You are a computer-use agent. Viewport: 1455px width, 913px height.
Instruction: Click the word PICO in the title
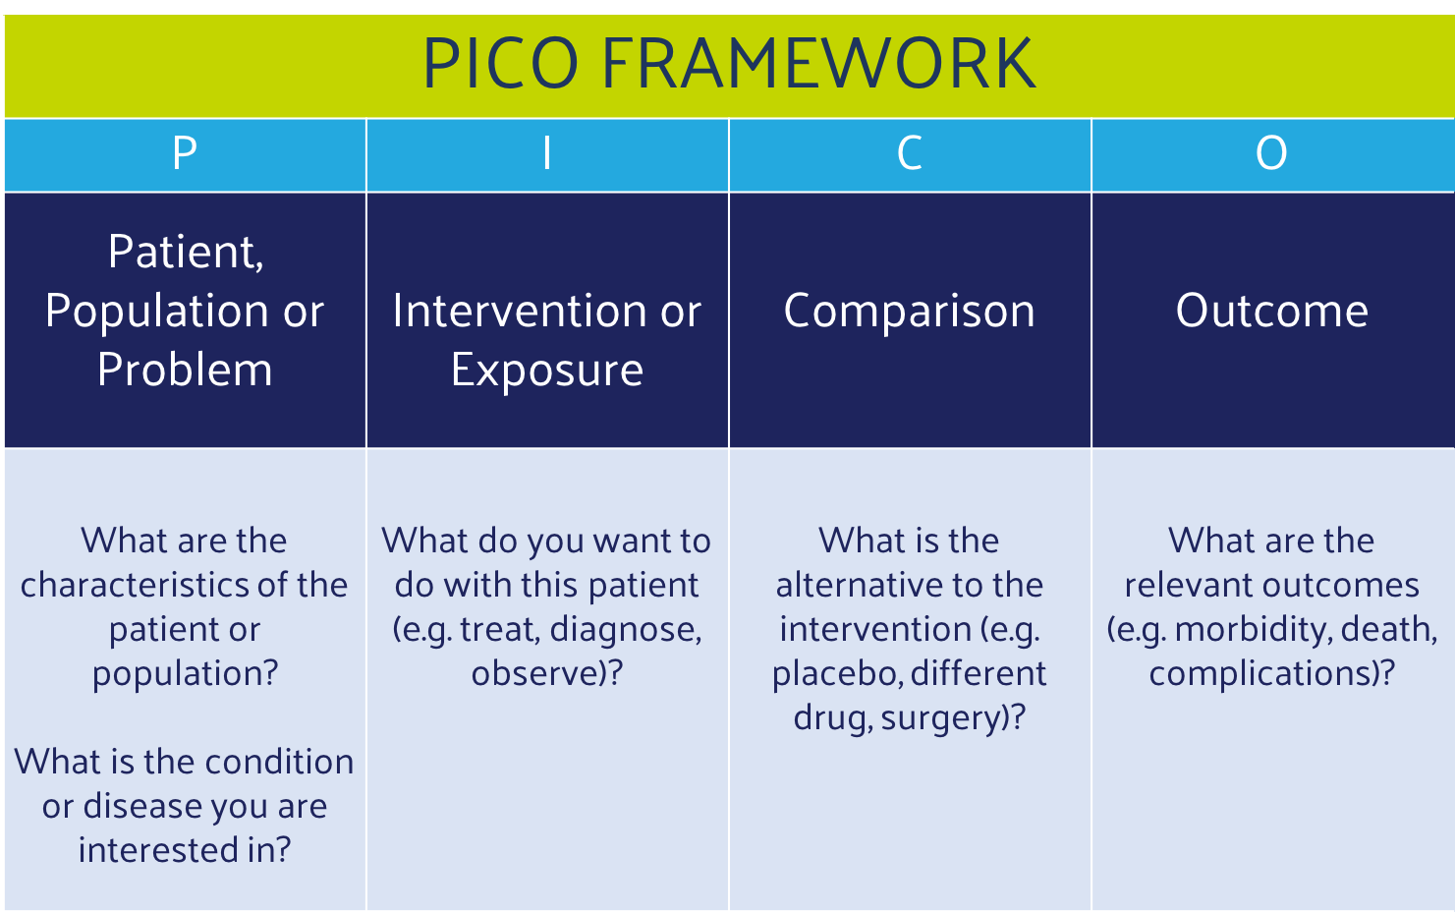click(501, 63)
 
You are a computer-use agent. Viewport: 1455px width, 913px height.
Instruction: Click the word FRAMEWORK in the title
click(819, 63)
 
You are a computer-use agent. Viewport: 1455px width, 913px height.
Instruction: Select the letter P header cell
click(185, 154)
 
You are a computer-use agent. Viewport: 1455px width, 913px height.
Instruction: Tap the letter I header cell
click(547, 154)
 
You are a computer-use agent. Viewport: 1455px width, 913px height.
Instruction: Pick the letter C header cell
click(910, 154)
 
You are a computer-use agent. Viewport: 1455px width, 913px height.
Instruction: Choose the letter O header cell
click(1272, 154)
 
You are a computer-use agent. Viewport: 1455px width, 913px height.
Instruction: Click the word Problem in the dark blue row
click(185, 370)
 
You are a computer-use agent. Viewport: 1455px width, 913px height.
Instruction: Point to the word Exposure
click(547, 371)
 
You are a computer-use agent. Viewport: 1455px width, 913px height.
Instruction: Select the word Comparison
click(910, 312)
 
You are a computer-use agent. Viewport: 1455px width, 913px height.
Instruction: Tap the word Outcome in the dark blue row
click(1272, 311)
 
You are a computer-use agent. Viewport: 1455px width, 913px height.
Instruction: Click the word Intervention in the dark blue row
click(519, 311)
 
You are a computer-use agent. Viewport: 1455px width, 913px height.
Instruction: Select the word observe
click(531, 673)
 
